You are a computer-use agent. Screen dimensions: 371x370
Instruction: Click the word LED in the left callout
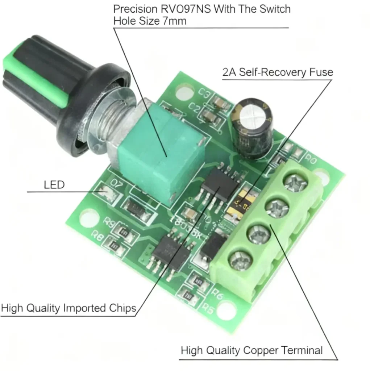point(54,185)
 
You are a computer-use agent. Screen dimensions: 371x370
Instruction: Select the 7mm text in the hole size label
point(173,21)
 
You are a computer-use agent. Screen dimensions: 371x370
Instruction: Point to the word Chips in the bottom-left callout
point(122,308)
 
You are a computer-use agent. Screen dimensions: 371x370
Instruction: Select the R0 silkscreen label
point(311,159)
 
